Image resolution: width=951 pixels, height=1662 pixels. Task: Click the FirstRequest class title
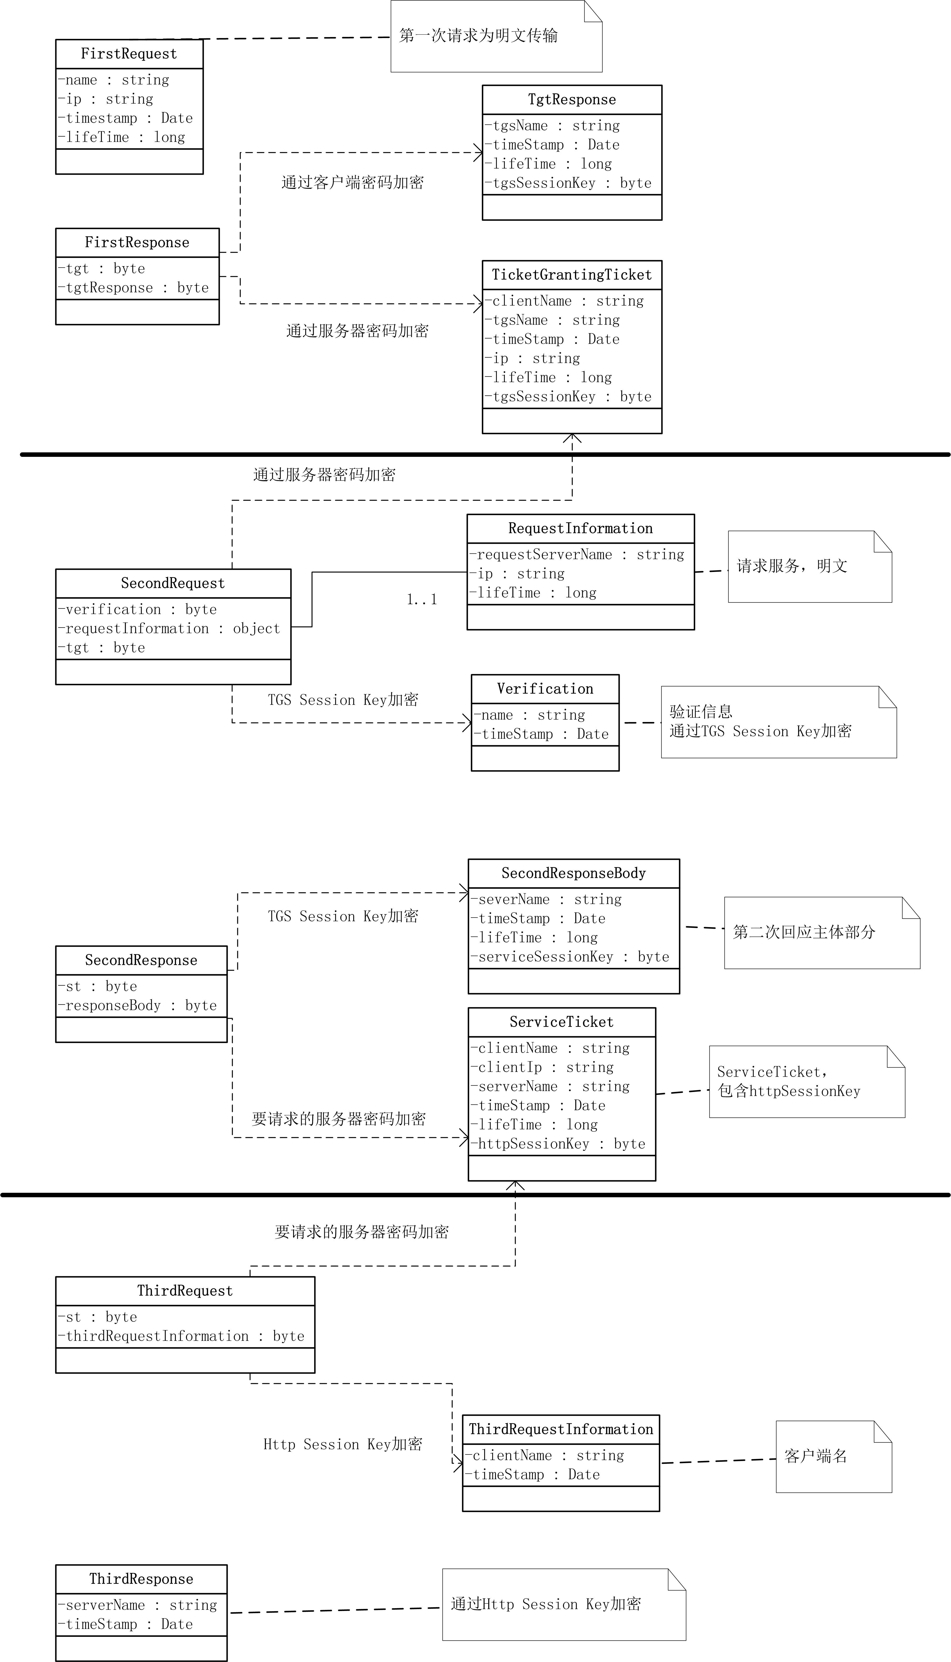pos(129,54)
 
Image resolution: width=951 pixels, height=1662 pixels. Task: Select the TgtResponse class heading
pos(571,99)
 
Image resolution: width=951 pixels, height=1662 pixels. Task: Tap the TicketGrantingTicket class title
pos(571,274)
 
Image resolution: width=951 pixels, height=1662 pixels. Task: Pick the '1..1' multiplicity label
pos(421,599)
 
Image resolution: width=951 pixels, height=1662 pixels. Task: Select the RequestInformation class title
pos(580,528)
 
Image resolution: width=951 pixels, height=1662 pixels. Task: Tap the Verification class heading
pos(545,688)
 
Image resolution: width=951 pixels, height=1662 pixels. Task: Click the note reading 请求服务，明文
pos(792,566)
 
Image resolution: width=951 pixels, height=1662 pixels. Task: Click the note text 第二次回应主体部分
pos(803,932)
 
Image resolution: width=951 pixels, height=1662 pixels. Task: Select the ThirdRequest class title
pos(185,1290)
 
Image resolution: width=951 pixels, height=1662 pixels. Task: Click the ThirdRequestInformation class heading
pos(560,1429)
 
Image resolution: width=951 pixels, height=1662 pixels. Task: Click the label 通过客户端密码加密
pos(352,182)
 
